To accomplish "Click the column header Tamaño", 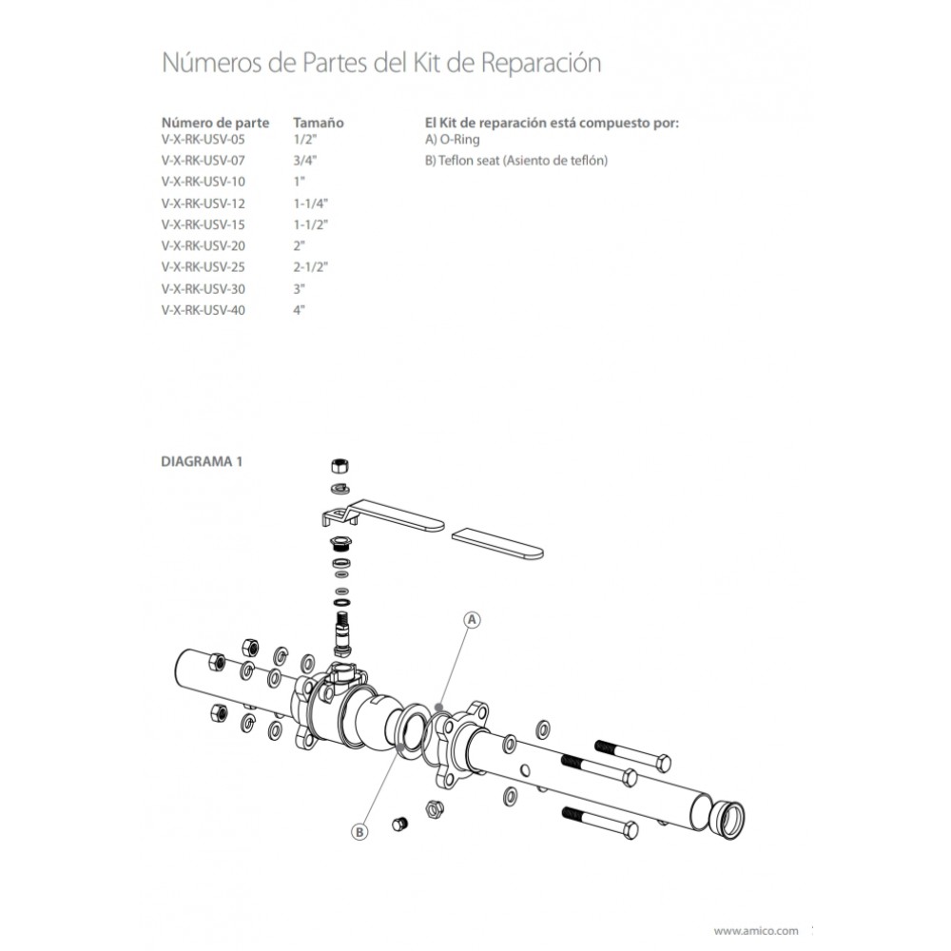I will point(318,123).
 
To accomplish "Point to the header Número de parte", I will point(215,123).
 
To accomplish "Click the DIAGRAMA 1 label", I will point(203,461).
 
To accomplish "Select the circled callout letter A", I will point(473,619).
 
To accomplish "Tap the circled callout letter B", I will point(359,831).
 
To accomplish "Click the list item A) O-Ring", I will point(453,140).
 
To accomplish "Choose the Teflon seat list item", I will point(515,160).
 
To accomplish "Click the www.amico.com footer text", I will point(755,931).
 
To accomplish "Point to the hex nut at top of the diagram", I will point(339,466).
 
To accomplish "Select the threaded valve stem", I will point(341,629).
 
